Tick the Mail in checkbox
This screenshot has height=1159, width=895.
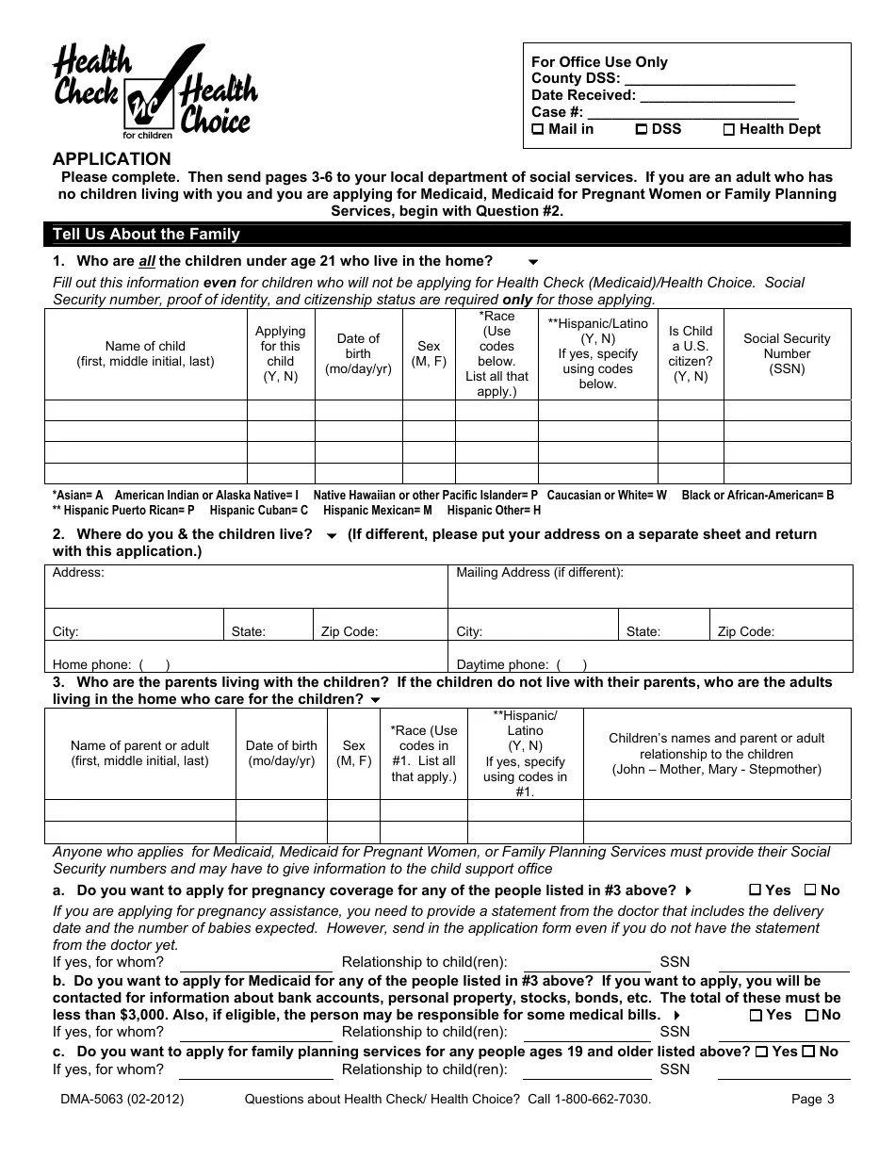(x=538, y=130)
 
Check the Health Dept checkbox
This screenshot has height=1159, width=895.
(x=728, y=130)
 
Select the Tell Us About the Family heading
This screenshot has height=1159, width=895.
(x=146, y=235)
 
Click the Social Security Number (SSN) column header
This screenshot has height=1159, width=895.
(x=787, y=353)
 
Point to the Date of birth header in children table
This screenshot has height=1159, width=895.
(x=358, y=353)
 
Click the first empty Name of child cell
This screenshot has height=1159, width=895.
(x=146, y=410)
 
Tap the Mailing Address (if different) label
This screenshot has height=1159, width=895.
(x=539, y=573)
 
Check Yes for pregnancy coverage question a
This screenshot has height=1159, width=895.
(x=755, y=890)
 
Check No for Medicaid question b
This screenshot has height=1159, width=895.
(x=811, y=1015)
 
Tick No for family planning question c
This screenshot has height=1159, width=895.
(x=808, y=1052)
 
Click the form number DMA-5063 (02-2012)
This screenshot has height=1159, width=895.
(x=122, y=1099)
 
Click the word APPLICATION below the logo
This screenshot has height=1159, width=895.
(x=112, y=158)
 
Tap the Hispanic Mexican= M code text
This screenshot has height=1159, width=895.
(x=377, y=510)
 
